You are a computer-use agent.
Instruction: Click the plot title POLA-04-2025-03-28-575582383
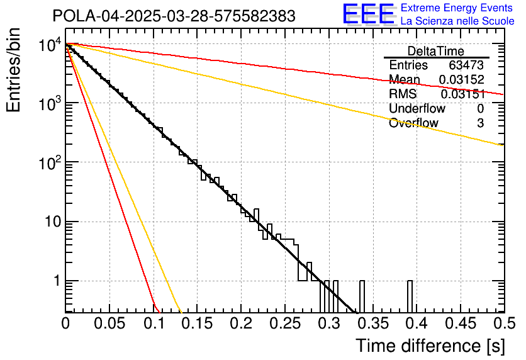pos(174,16)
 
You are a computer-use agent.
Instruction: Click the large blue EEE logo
pos(368,14)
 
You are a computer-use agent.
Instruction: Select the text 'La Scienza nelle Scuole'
pos(457,21)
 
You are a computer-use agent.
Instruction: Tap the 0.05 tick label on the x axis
pos(109,323)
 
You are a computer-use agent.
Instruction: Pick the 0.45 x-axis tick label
pos(460,323)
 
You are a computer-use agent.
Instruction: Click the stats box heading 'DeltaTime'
pos(436,51)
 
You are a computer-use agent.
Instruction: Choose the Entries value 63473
pos(466,65)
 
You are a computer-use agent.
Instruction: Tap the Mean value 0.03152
pos(461,79)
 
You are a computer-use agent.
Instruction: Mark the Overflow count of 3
pos(480,123)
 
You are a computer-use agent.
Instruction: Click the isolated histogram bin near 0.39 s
pos(410,296)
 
